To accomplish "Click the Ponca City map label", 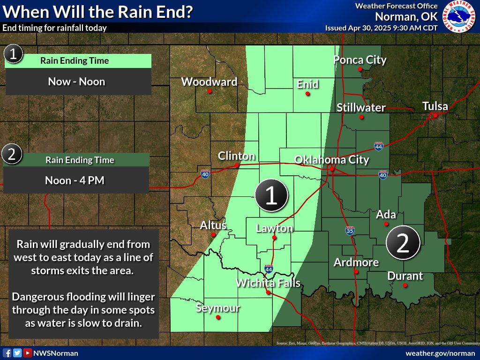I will pos(360,60).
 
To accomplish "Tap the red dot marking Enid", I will pos(307,94).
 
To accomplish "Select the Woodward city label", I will pos(209,82).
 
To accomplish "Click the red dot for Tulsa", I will pos(435,115).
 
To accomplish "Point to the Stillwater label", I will pos(361,107).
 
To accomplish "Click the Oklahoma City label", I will pos(331,160).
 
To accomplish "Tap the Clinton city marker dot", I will pos(237,165).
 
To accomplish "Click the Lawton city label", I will pos(274,228).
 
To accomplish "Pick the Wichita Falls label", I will pos(268,283).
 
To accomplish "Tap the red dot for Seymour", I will pos(218,317).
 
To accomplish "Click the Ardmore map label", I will pos(356,262).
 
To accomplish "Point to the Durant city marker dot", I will pos(405,285).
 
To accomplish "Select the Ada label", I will pos(386,215).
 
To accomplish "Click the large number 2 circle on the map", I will pos(402,242).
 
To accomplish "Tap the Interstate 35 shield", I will pos(350,230).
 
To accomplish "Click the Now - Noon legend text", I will pos(76,82).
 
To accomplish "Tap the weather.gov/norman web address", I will pos(440,353).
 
